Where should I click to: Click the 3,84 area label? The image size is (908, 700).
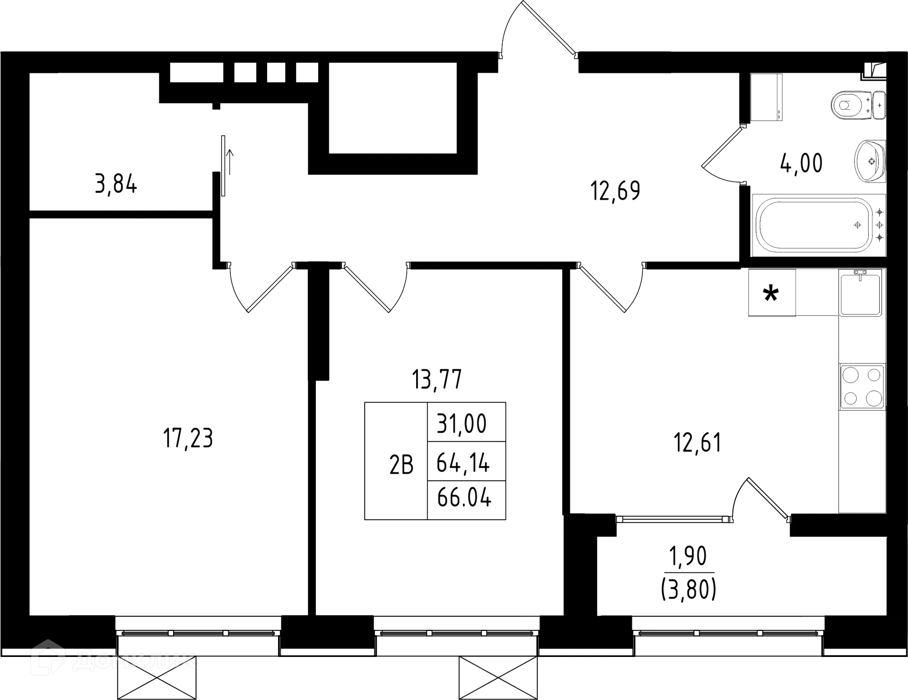coord(116,184)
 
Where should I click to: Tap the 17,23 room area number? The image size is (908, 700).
coord(188,438)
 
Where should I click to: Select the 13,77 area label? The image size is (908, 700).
coord(437,379)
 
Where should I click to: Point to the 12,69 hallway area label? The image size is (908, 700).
coord(615,191)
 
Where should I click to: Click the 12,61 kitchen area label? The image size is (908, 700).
coord(698,443)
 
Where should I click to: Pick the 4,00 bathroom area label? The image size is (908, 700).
coord(801,163)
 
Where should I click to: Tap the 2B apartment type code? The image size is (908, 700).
coord(401,465)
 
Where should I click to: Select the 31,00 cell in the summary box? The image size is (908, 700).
coord(462,423)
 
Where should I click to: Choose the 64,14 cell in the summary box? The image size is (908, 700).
coord(463,463)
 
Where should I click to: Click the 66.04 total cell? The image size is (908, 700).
coord(464,498)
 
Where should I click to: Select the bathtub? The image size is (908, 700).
coord(819,226)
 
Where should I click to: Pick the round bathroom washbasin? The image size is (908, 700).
coord(870,161)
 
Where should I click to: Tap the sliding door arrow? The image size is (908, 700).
coord(231,161)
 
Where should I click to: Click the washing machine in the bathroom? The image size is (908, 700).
coord(766,98)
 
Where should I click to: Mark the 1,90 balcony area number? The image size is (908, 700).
coord(688,557)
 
